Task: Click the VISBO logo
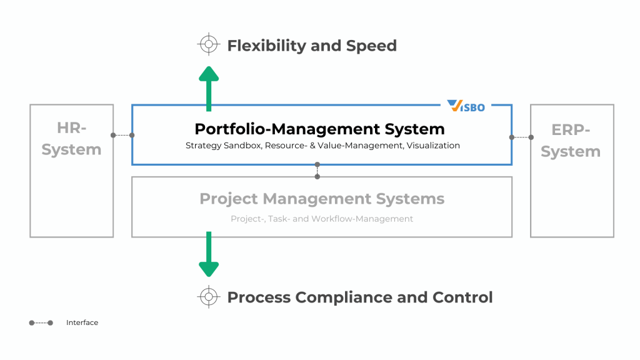tap(466, 106)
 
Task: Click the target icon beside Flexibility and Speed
tap(209, 45)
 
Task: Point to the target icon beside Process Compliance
tap(209, 297)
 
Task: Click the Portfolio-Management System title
tap(319, 129)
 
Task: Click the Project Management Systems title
tap(322, 199)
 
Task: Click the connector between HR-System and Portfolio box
tap(122, 135)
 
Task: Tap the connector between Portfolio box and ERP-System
tap(521, 137)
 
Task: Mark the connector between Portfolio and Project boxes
tap(317, 171)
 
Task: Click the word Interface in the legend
tap(82, 322)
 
